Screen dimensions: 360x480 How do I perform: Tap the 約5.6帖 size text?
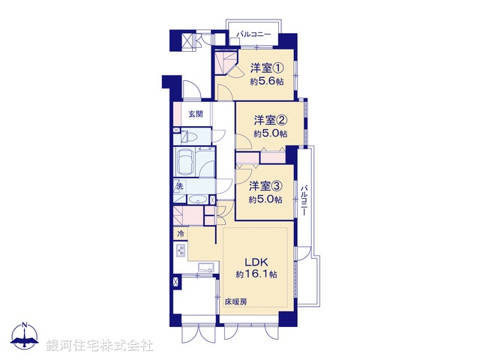click(x=268, y=82)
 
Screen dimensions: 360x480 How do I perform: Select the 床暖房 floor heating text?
click(x=235, y=302)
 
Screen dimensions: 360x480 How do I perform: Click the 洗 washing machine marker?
click(x=179, y=185)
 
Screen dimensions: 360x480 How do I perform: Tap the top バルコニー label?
click(x=254, y=34)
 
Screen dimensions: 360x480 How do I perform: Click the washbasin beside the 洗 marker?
click(x=197, y=199)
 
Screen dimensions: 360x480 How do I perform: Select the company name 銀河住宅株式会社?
click(x=100, y=346)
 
